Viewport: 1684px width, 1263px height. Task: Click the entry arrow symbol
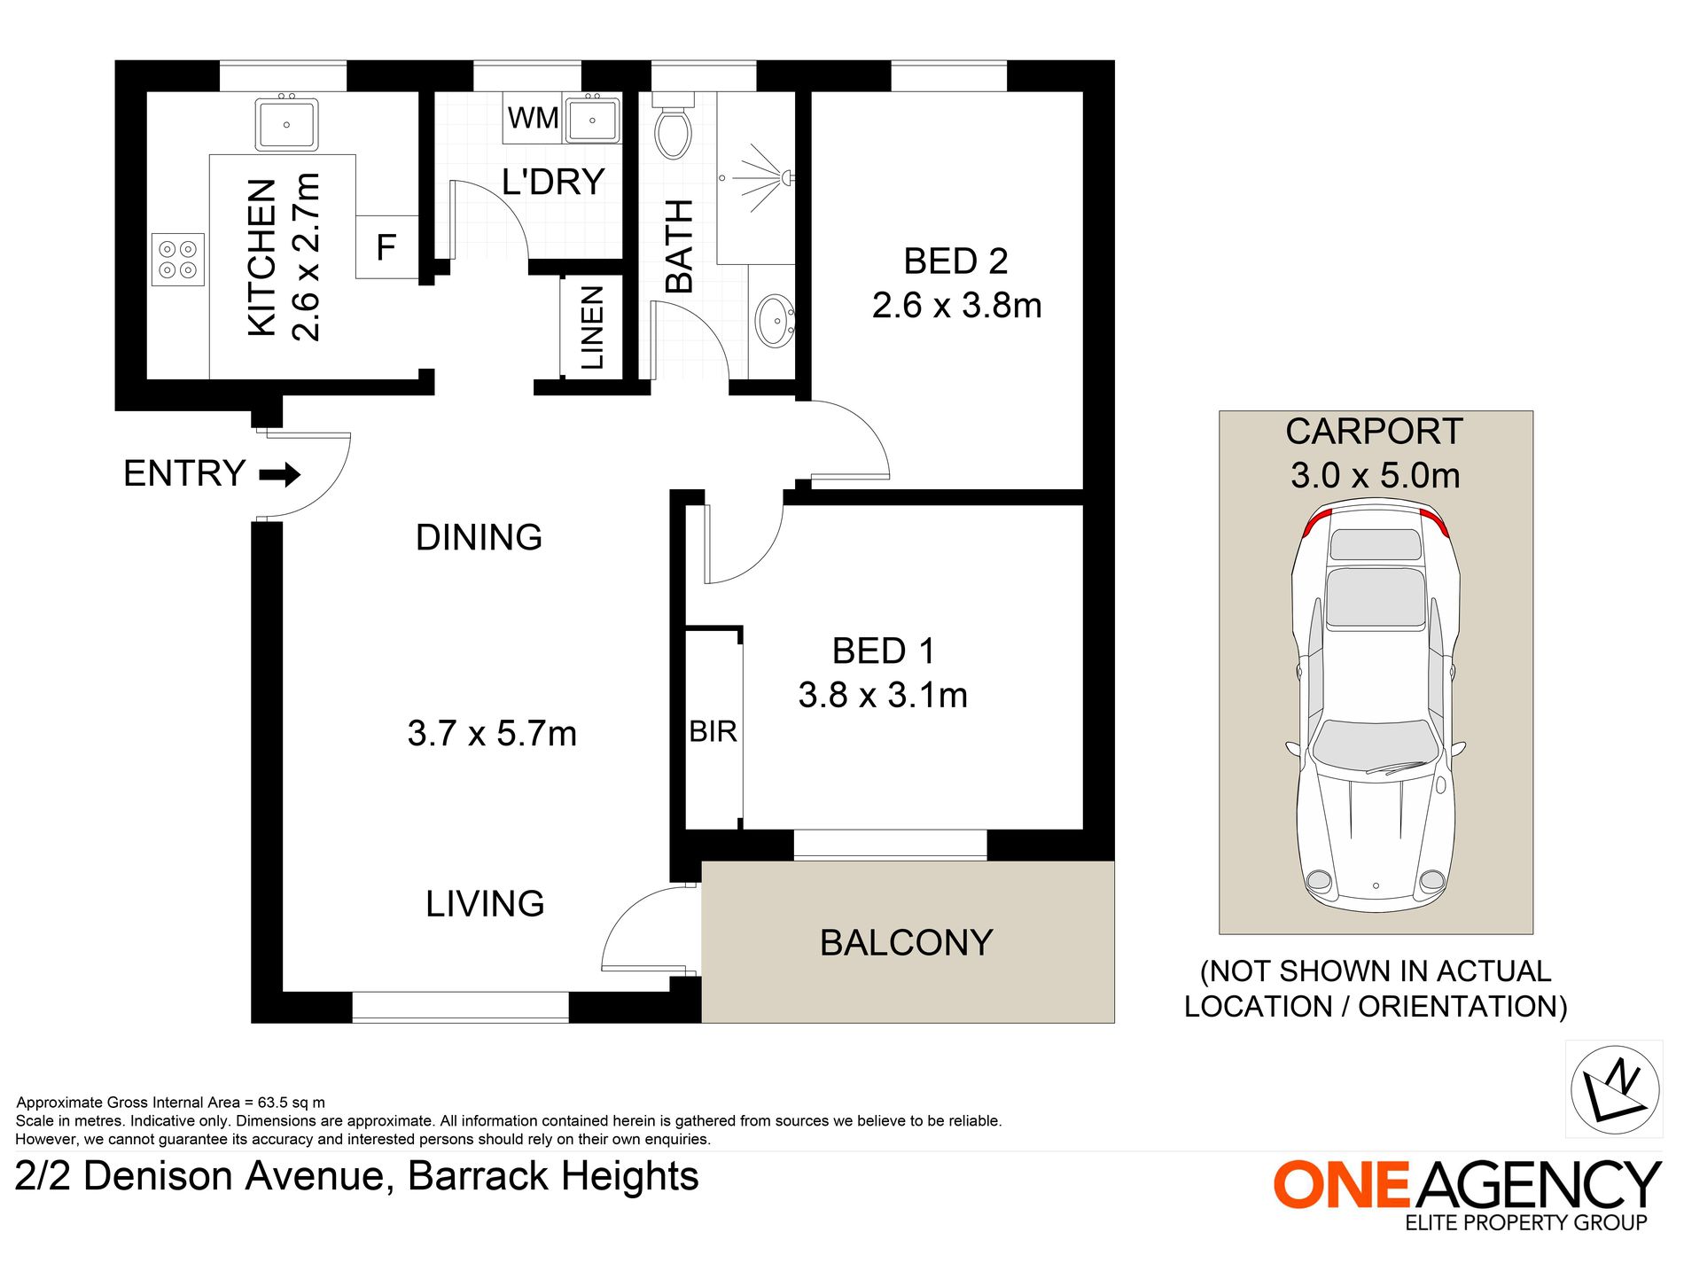pyautogui.click(x=280, y=475)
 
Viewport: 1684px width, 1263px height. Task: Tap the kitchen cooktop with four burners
pyautogui.click(x=178, y=260)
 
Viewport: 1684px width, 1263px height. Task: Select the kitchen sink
pyautogui.click(x=286, y=124)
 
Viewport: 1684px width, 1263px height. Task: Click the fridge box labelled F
pyautogui.click(x=386, y=247)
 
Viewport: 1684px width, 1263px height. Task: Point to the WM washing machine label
pyautogui.click(x=533, y=118)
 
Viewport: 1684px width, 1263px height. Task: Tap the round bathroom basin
pyautogui.click(x=774, y=320)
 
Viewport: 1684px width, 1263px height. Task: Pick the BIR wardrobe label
pyautogui.click(x=713, y=732)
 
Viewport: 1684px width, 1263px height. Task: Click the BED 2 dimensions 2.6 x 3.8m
pyautogui.click(x=956, y=306)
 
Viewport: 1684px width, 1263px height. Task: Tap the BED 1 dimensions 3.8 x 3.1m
pyautogui.click(x=883, y=696)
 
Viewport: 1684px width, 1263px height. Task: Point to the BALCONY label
pyautogui.click(x=906, y=943)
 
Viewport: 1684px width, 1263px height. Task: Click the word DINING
pyautogui.click(x=479, y=538)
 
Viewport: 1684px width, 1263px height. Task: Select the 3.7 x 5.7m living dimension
pyautogui.click(x=492, y=734)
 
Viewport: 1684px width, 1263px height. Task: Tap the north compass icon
pyautogui.click(x=1614, y=1089)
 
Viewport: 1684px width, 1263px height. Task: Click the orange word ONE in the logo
pyautogui.click(x=1341, y=1185)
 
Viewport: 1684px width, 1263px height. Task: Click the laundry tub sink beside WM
pyautogui.click(x=592, y=119)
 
